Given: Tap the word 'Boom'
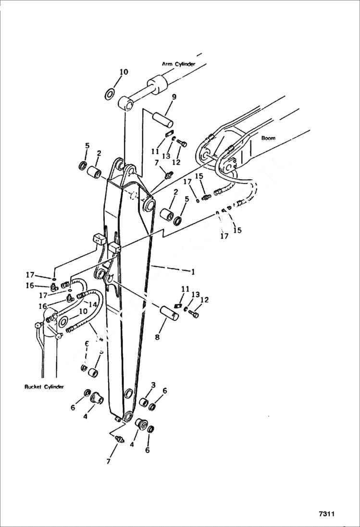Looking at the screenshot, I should [268, 138].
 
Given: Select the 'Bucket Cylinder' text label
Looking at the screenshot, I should [44, 387].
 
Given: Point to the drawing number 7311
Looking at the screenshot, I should [326, 514].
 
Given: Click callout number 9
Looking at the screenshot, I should [174, 97].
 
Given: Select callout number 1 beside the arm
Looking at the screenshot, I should [193, 272].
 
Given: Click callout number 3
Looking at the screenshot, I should [153, 385].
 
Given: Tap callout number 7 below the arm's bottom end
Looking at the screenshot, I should [109, 461].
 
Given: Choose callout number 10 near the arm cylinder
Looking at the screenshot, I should [124, 72].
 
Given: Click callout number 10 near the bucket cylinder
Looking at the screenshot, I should [83, 311].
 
